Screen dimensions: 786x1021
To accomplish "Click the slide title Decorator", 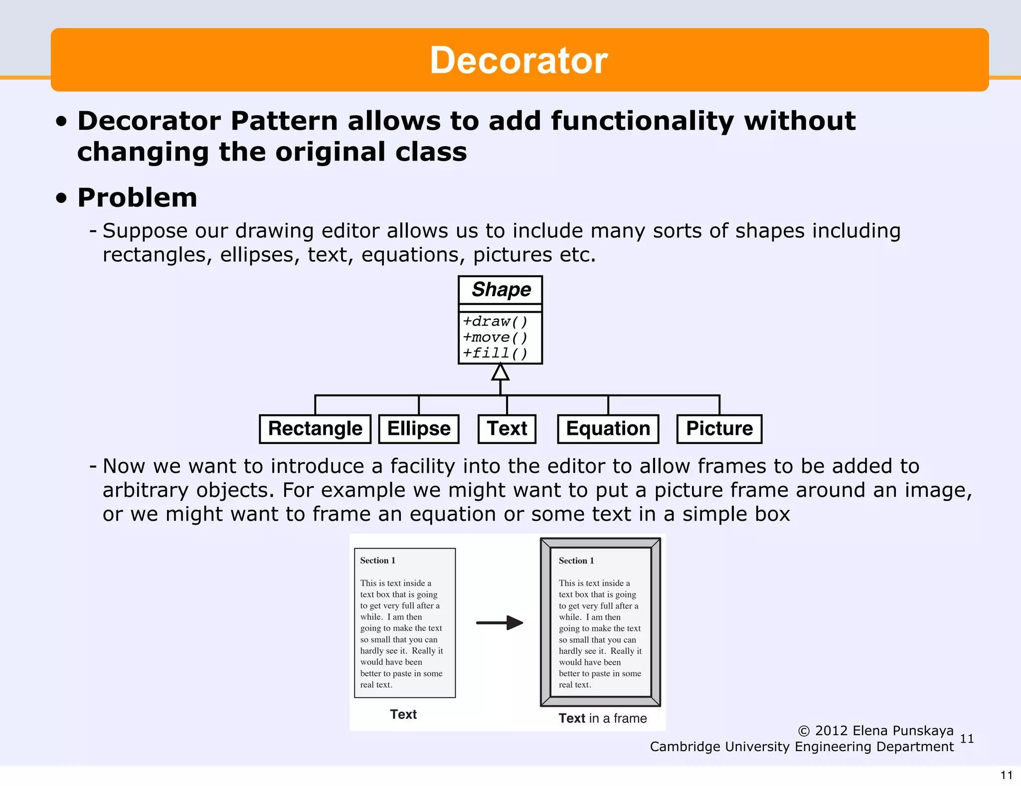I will pos(518,60).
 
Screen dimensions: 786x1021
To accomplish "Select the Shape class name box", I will pos(501,290).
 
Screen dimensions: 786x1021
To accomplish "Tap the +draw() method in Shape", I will pos(495,322).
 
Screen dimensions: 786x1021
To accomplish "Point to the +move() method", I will pos(495,338).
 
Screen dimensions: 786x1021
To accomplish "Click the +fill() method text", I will pos(495,354).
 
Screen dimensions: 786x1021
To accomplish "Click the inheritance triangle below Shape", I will pos(500,373).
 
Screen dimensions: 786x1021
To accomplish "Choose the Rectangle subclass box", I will pos(315,429).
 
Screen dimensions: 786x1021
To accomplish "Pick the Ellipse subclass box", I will pos(419,429).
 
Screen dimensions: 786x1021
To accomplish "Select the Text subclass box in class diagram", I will pos(507,429).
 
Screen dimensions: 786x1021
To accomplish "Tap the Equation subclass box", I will pos(608,429).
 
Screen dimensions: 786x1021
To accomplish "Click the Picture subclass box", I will pos(719,429).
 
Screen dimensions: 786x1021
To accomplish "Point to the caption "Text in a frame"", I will pos(602,718).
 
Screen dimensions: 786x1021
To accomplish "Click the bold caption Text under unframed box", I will pos(403,714).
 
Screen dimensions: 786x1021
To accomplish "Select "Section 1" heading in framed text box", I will pos(576,561).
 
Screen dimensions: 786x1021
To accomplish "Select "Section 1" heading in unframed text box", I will pos(378,561).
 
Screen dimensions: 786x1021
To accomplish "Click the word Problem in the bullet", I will pos(138,197).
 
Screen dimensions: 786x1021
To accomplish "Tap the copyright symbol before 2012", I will pos(804,731).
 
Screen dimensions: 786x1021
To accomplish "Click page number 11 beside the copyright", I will pos(967,739).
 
